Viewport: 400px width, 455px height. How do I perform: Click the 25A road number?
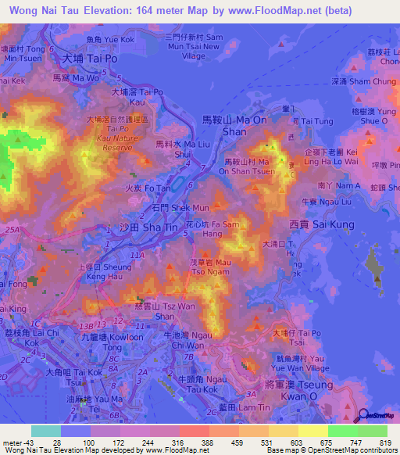[11, 230]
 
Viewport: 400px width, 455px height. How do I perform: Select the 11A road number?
[137, 255]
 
